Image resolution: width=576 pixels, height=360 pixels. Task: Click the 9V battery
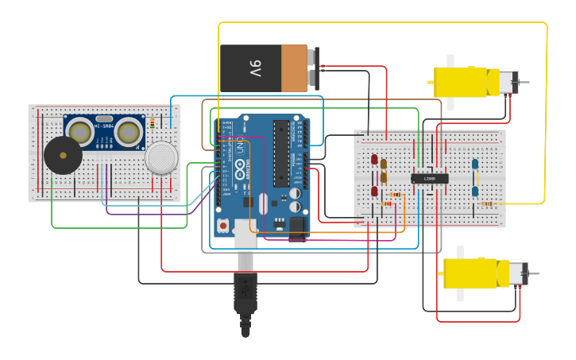pos(266,68)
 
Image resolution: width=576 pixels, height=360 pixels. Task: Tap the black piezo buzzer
pos(62,156)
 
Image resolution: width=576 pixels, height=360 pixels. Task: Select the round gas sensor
pos(161,157)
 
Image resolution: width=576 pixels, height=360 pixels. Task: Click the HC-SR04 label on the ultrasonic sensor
pos(103,126)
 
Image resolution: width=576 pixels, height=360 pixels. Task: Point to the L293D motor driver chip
pos(429,179)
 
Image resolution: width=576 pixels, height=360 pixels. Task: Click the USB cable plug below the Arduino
pos(245,294)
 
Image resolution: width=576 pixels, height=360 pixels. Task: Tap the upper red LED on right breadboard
pos(374,161)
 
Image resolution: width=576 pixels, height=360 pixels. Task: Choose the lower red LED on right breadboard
pos(374,192)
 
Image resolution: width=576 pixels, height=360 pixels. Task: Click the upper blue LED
pos(475,165)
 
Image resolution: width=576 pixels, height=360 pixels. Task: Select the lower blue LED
pos(475,191)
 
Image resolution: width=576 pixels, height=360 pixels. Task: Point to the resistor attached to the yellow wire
pos(486,203)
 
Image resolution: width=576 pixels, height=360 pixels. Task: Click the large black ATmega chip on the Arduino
pos(280,151)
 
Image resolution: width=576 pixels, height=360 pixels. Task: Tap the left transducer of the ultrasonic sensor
pos(80,132)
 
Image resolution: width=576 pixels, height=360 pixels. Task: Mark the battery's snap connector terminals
pos(315,68)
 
